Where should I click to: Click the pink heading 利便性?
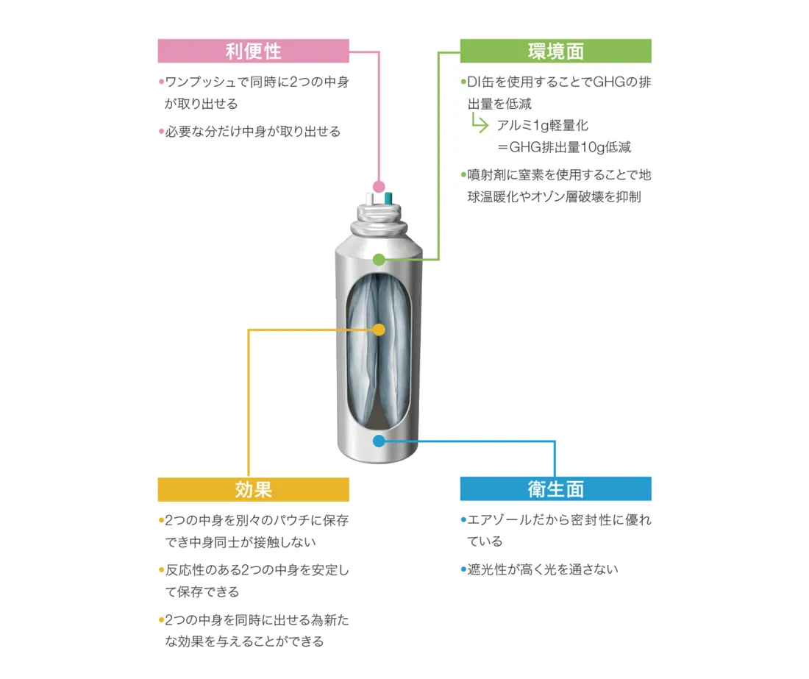253,51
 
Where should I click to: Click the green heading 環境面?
555,51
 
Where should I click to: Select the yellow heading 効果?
253,489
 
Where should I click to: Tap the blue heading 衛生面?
555,489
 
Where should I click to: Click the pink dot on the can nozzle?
379,187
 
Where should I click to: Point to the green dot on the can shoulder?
379,259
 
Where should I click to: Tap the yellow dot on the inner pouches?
379,330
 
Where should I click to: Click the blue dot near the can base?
379,441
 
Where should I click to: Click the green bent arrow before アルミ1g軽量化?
480,124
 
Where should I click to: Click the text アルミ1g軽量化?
542,125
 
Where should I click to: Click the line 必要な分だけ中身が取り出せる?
252,132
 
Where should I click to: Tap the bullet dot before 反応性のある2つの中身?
161,570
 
